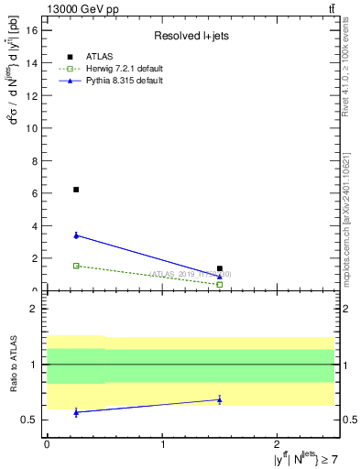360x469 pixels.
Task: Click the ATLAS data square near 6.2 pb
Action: point(76,190)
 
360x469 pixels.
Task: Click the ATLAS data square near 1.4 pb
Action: point(220,268)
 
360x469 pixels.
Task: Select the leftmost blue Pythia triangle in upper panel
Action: point(76,235)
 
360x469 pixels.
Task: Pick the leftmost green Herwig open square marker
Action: point(76,266)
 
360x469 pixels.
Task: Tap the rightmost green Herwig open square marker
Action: point(220,284)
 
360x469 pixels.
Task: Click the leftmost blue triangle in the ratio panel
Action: point(76,412)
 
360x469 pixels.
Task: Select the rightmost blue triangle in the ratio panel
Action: point(220,399)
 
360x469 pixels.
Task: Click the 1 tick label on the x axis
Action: point(163,445)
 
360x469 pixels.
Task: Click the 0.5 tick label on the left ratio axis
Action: point(27,420)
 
